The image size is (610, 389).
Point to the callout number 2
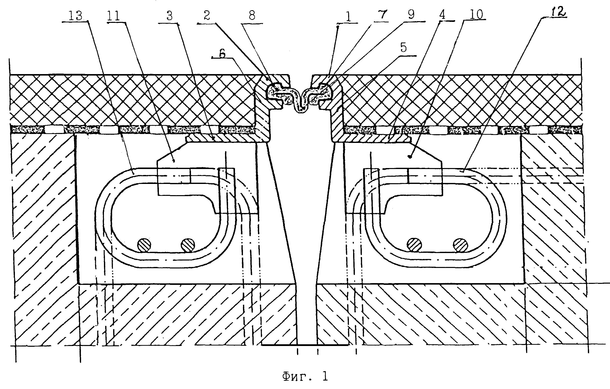click(x=207, y=16)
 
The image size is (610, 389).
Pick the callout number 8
click(x=252, y=16)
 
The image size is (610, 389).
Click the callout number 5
click(x=403, y=48)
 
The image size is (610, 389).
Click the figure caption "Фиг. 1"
click(x=305, y=377)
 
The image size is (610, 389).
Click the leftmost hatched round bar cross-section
click(x=144, y=245)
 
